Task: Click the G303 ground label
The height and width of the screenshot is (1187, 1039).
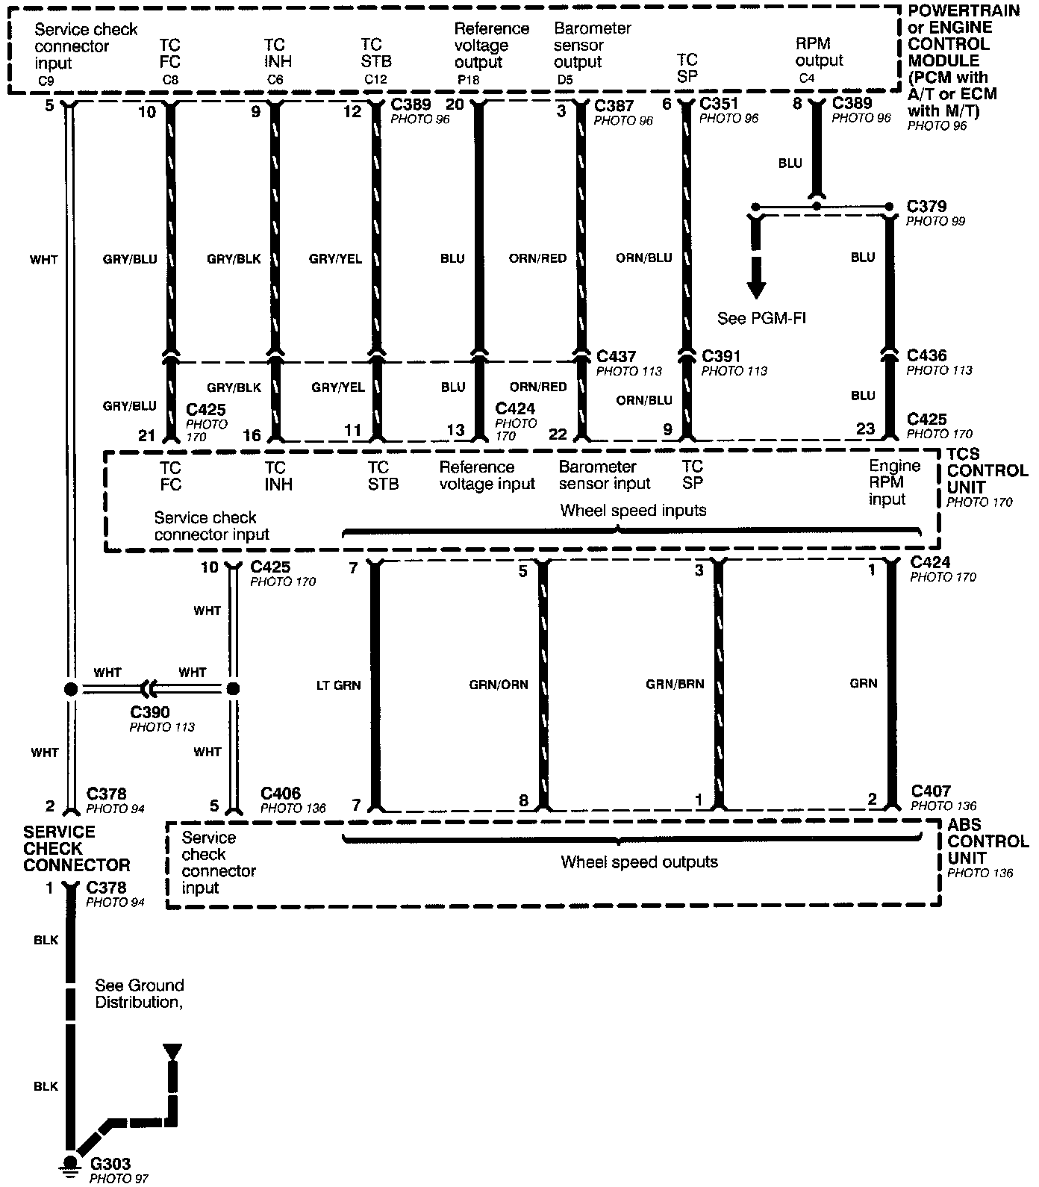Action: coord(110,1163)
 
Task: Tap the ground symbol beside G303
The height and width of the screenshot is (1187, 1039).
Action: coord(70,1165)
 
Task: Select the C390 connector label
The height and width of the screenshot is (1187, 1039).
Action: coord(150,712)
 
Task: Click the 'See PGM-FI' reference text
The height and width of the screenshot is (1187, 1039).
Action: coord(761,318)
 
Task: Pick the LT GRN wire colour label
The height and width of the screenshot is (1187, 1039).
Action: coord(338,685)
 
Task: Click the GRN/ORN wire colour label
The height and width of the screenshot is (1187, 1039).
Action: coord(499,684)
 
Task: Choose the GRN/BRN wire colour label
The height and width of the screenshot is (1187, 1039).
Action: coord(675,683)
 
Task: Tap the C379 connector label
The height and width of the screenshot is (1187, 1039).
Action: coord(926,206)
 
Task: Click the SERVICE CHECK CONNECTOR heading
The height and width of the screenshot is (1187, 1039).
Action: coord(76,848)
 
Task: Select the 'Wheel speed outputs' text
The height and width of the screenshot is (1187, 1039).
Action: coord(639,862)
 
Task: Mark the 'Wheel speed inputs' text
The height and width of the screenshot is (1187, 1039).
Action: coord(633,511)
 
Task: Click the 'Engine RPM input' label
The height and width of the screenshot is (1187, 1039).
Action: coord(894,482)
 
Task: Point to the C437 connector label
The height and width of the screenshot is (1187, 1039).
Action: coord(617,357)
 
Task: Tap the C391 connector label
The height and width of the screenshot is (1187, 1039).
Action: coord(721,356)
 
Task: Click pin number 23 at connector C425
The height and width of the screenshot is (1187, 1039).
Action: coord(865,429)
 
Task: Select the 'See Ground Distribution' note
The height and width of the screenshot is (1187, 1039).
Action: coord(139,994)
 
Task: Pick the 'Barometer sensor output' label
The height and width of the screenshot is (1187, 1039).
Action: coord(593,45)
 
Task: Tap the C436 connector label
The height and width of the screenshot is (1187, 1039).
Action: coord(926,355)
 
